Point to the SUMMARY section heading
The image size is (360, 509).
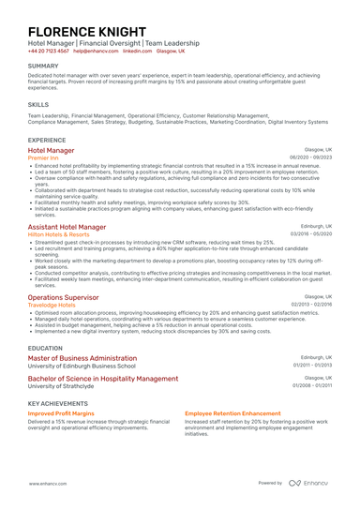pos(43,66)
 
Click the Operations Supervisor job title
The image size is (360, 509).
pos(64,296)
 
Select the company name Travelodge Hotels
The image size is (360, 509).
pos(52,305)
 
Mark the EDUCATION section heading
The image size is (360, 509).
pos(46,347)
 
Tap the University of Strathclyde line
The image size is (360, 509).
pos(61,385)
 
